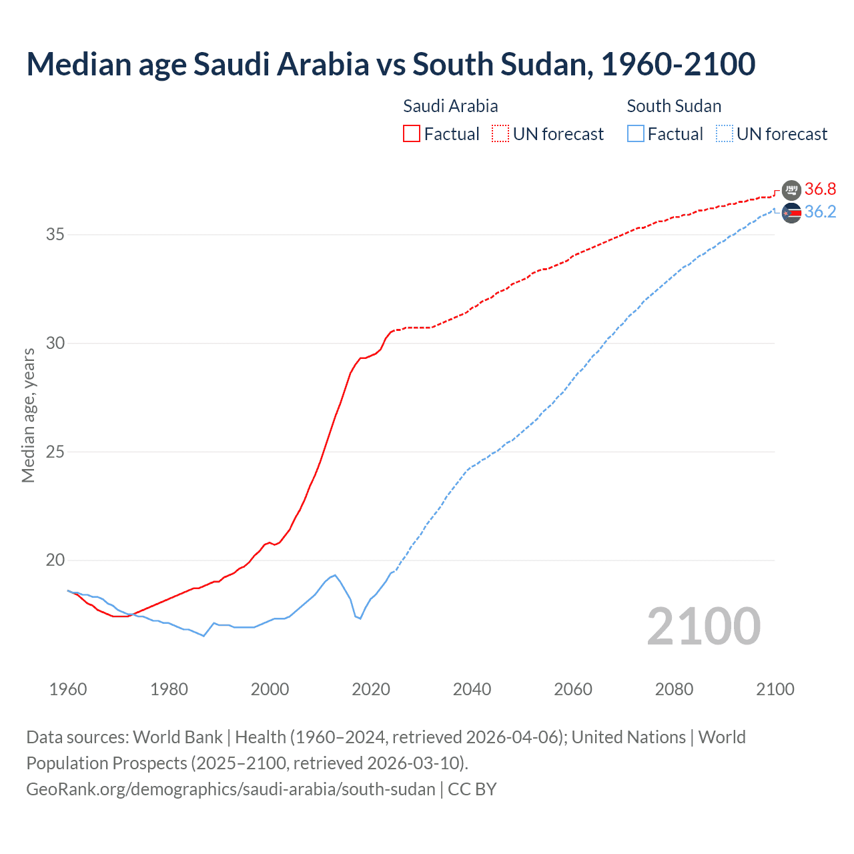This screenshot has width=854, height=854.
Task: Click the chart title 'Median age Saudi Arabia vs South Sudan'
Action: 390,64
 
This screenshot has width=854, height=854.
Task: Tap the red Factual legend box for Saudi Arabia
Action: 412,134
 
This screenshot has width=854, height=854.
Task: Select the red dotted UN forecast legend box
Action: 500,134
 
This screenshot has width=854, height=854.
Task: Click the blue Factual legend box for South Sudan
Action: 636,134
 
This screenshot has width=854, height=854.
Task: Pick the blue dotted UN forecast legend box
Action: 725,134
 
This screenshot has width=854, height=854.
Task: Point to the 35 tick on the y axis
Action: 55,235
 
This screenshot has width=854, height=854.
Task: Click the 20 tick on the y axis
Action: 55,560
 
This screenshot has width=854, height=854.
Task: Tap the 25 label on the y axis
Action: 55,452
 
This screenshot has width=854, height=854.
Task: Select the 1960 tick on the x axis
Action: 68,689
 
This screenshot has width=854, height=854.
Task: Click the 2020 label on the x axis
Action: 371,689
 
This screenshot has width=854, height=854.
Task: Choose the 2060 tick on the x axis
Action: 573,689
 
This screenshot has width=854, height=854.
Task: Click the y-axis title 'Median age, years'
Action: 28,415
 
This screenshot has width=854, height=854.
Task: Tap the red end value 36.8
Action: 820,189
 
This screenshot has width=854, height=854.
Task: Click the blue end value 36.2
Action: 820,212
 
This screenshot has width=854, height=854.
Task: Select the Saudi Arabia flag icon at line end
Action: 791,190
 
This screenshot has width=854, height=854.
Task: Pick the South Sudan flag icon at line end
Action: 791,213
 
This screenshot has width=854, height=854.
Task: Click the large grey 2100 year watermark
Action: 704,626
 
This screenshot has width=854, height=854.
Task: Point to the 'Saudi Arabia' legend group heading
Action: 450,106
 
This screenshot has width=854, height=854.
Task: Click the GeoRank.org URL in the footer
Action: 230,789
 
